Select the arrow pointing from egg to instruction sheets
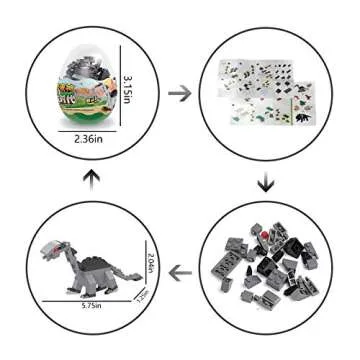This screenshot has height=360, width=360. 181,93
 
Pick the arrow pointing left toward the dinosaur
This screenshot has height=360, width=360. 181,269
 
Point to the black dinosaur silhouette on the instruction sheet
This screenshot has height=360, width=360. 301,103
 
